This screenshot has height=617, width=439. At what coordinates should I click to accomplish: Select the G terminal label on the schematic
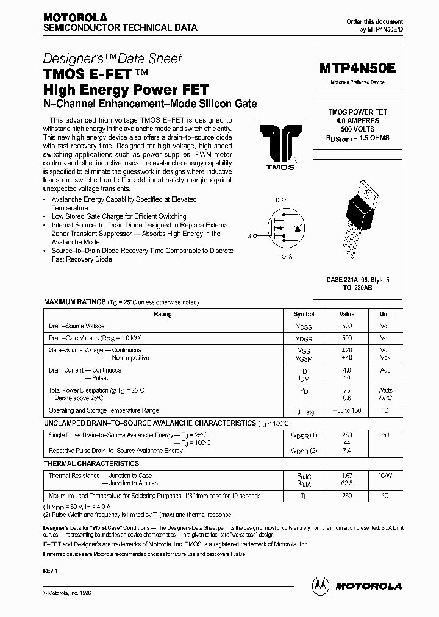pyautogui.click(x=249, y=235)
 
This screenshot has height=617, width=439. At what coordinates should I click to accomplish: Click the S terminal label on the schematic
pyautogui.click(x=290, y=257)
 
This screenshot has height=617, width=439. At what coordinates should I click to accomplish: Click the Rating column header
pyautogui.click(x=163, y=315)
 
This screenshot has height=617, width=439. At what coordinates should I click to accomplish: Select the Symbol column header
pyautogui.click(x=304, y=315)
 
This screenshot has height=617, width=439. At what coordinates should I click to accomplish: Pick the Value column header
pyautogui.click(x=347, y=315)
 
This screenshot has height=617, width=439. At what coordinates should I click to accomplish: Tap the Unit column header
pyautogui.click(x=385, y=315)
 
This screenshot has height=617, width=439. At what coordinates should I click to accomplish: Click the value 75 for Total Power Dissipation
pyautogui.click(x=347, y=390)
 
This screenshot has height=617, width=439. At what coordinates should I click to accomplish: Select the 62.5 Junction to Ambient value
pyautogui.click(x=347, y=483)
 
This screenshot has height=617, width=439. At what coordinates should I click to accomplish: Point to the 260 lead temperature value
pyautogui.click(x=347, y=496)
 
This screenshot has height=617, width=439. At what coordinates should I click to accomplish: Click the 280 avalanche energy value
pyautogui.click(x=347, y=435)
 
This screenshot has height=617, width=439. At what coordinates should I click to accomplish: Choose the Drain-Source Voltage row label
pyautogui.click(x=77, y=326)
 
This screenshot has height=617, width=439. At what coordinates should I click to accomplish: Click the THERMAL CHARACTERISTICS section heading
pyautogui.click(x=91, y=464)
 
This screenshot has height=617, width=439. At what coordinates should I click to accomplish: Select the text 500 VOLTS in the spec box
pyautogui.click(x=358, y=129)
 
